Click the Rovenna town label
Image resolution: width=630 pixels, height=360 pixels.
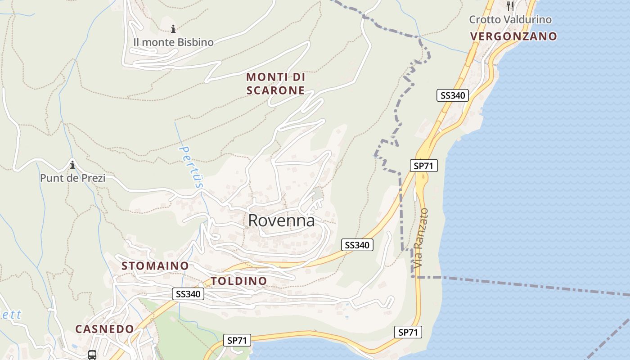pyautogui.click(x=281, y=220)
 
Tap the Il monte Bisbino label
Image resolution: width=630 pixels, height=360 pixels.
pyautogui.click(x=173, y=42)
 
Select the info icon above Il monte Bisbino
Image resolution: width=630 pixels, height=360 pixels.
pyautogui.click(x=173, y=29)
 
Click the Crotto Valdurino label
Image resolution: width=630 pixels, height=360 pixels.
pyautogui.click(x=510, y=20)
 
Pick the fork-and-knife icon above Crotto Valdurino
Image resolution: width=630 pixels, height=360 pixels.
pyautogui.click(x=510, y=6)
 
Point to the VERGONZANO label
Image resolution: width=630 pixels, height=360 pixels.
pyautogui.click(x=514, y=36)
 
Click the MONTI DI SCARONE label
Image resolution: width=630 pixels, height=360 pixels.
pyautogui.click(x=275, y=84)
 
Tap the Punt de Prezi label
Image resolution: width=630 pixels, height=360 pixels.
pyautogui.click(x=72, y=178)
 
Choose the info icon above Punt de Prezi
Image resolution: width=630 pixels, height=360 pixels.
pyautogui.click(x=72, y=165)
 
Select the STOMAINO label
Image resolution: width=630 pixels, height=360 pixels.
pyautogui.click(x=155, y=266)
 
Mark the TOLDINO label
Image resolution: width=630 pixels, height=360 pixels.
pyautogui.click(x=239, y=281)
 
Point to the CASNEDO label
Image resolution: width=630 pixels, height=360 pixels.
pyautogui.click(x=104, y=329)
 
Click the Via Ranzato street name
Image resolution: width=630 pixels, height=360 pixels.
pyautogui.click(x=421, y=238)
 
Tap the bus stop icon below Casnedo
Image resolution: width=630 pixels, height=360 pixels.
pyautogui.click(x=92, y=355)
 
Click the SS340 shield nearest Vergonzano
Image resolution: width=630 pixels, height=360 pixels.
pyautogui.click(x=453, y=95)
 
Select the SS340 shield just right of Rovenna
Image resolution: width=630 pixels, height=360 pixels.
pyautogui.click(x=357, y=245)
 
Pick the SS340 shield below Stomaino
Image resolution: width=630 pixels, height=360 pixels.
pyautogui.click(x=189, y=294)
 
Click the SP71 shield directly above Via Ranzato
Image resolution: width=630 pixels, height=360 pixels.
pyautogui.click(x=424, y=166)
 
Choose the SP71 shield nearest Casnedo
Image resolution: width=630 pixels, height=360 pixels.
pyautogui.click(x=237, y=341)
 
